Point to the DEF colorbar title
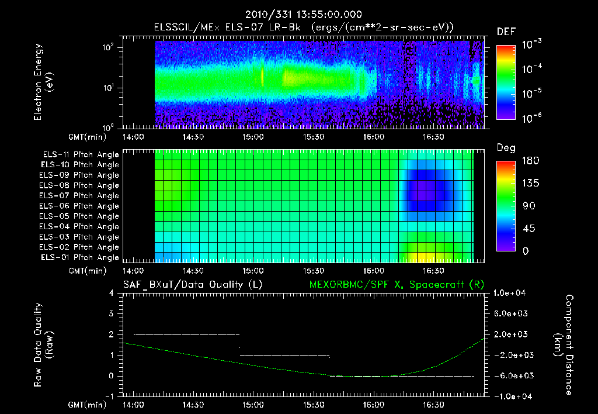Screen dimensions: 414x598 pos(506,32)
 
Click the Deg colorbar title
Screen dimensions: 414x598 pos(506,148)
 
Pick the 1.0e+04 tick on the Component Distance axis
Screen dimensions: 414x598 pos(510,293)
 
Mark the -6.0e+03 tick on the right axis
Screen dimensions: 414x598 pos(510,375)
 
